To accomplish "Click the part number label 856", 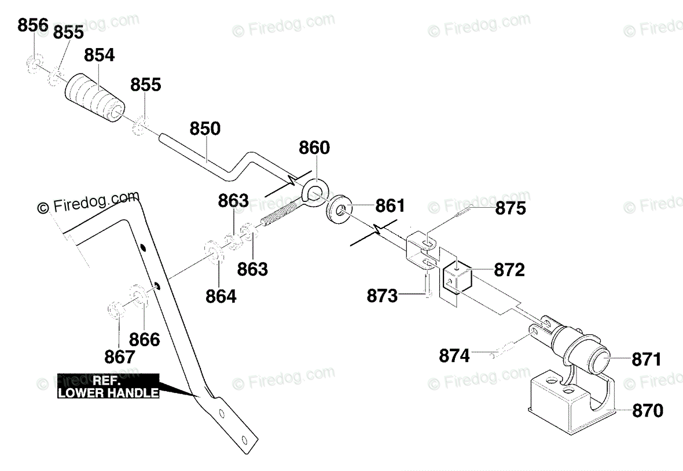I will point(34,25).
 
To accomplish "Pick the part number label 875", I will point(510,208).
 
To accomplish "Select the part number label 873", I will point(383,296).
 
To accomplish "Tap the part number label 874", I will point(454,355).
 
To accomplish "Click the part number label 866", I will point(144,338).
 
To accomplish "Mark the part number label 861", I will point(390,205).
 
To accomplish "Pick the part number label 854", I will point(100,55).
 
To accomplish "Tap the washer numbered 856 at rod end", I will point(34,64).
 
